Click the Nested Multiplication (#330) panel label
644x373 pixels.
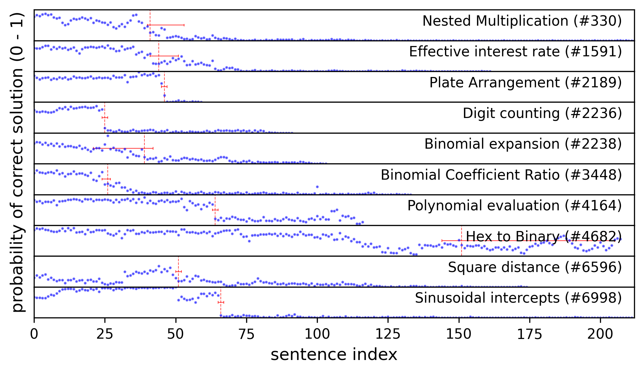pyautogui.click(x=522, y=21)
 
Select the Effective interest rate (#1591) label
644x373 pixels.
pyautogui.click(x=515, y=52)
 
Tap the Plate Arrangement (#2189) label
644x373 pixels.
pyautogui.click(x=525, y=83)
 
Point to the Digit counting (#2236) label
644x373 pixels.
pyautogui.click(x=542, y=113)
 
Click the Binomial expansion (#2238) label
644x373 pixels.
pyautogui.click(x=523, y=144)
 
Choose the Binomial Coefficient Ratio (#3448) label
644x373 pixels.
pyautogui.click(x=501, y=175)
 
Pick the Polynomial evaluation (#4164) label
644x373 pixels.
pyautogui.click(x=514, y=206)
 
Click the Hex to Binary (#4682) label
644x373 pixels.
pyautogui.click(x=543, y=237)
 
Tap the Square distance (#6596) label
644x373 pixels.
pyautogui.click(x=535, y=267)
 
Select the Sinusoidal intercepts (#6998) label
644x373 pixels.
pyautogui.click(x=518, y=298)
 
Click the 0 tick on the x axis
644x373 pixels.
pyautogui.click(x=34, y=334)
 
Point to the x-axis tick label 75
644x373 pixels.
pyautogui.click(x=246, y=334)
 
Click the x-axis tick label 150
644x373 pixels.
pyautogui.click(x=459, y=334)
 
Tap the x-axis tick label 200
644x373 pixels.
pyautogui.click(x=600, y=334)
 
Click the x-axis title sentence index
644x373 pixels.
pyautogui.click(x=334, y=355)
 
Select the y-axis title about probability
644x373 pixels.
pyautogui.click(x=17, y=162)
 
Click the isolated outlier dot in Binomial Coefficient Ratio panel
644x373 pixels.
pyautogui.click(x=317, y=187)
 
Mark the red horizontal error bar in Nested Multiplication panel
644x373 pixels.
pyautogui.click(x=166, y=25)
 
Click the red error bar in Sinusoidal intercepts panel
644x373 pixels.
pyautogui.click(x=221, y=302)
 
